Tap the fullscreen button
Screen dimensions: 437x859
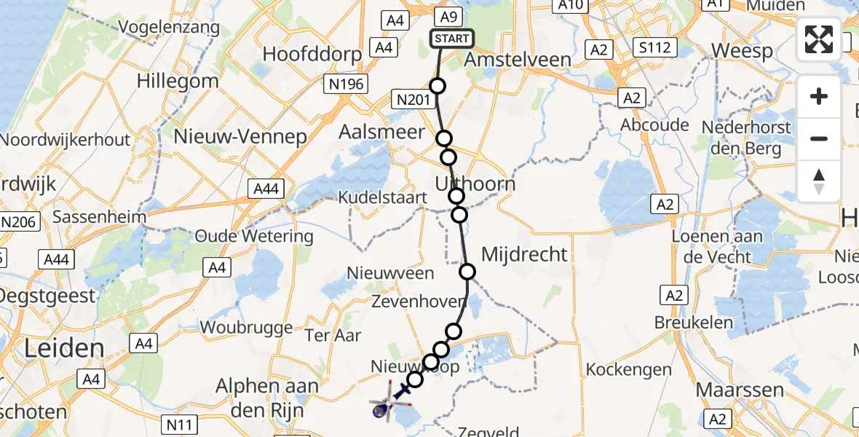coord(819,39)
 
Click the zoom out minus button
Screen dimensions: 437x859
coord(819,138)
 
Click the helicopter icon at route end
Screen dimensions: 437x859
coord(381,409)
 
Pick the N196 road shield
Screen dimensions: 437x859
coord(346,84)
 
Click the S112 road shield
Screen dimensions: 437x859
coord(654,49)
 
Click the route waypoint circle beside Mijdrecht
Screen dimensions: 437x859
coord(467,272)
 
